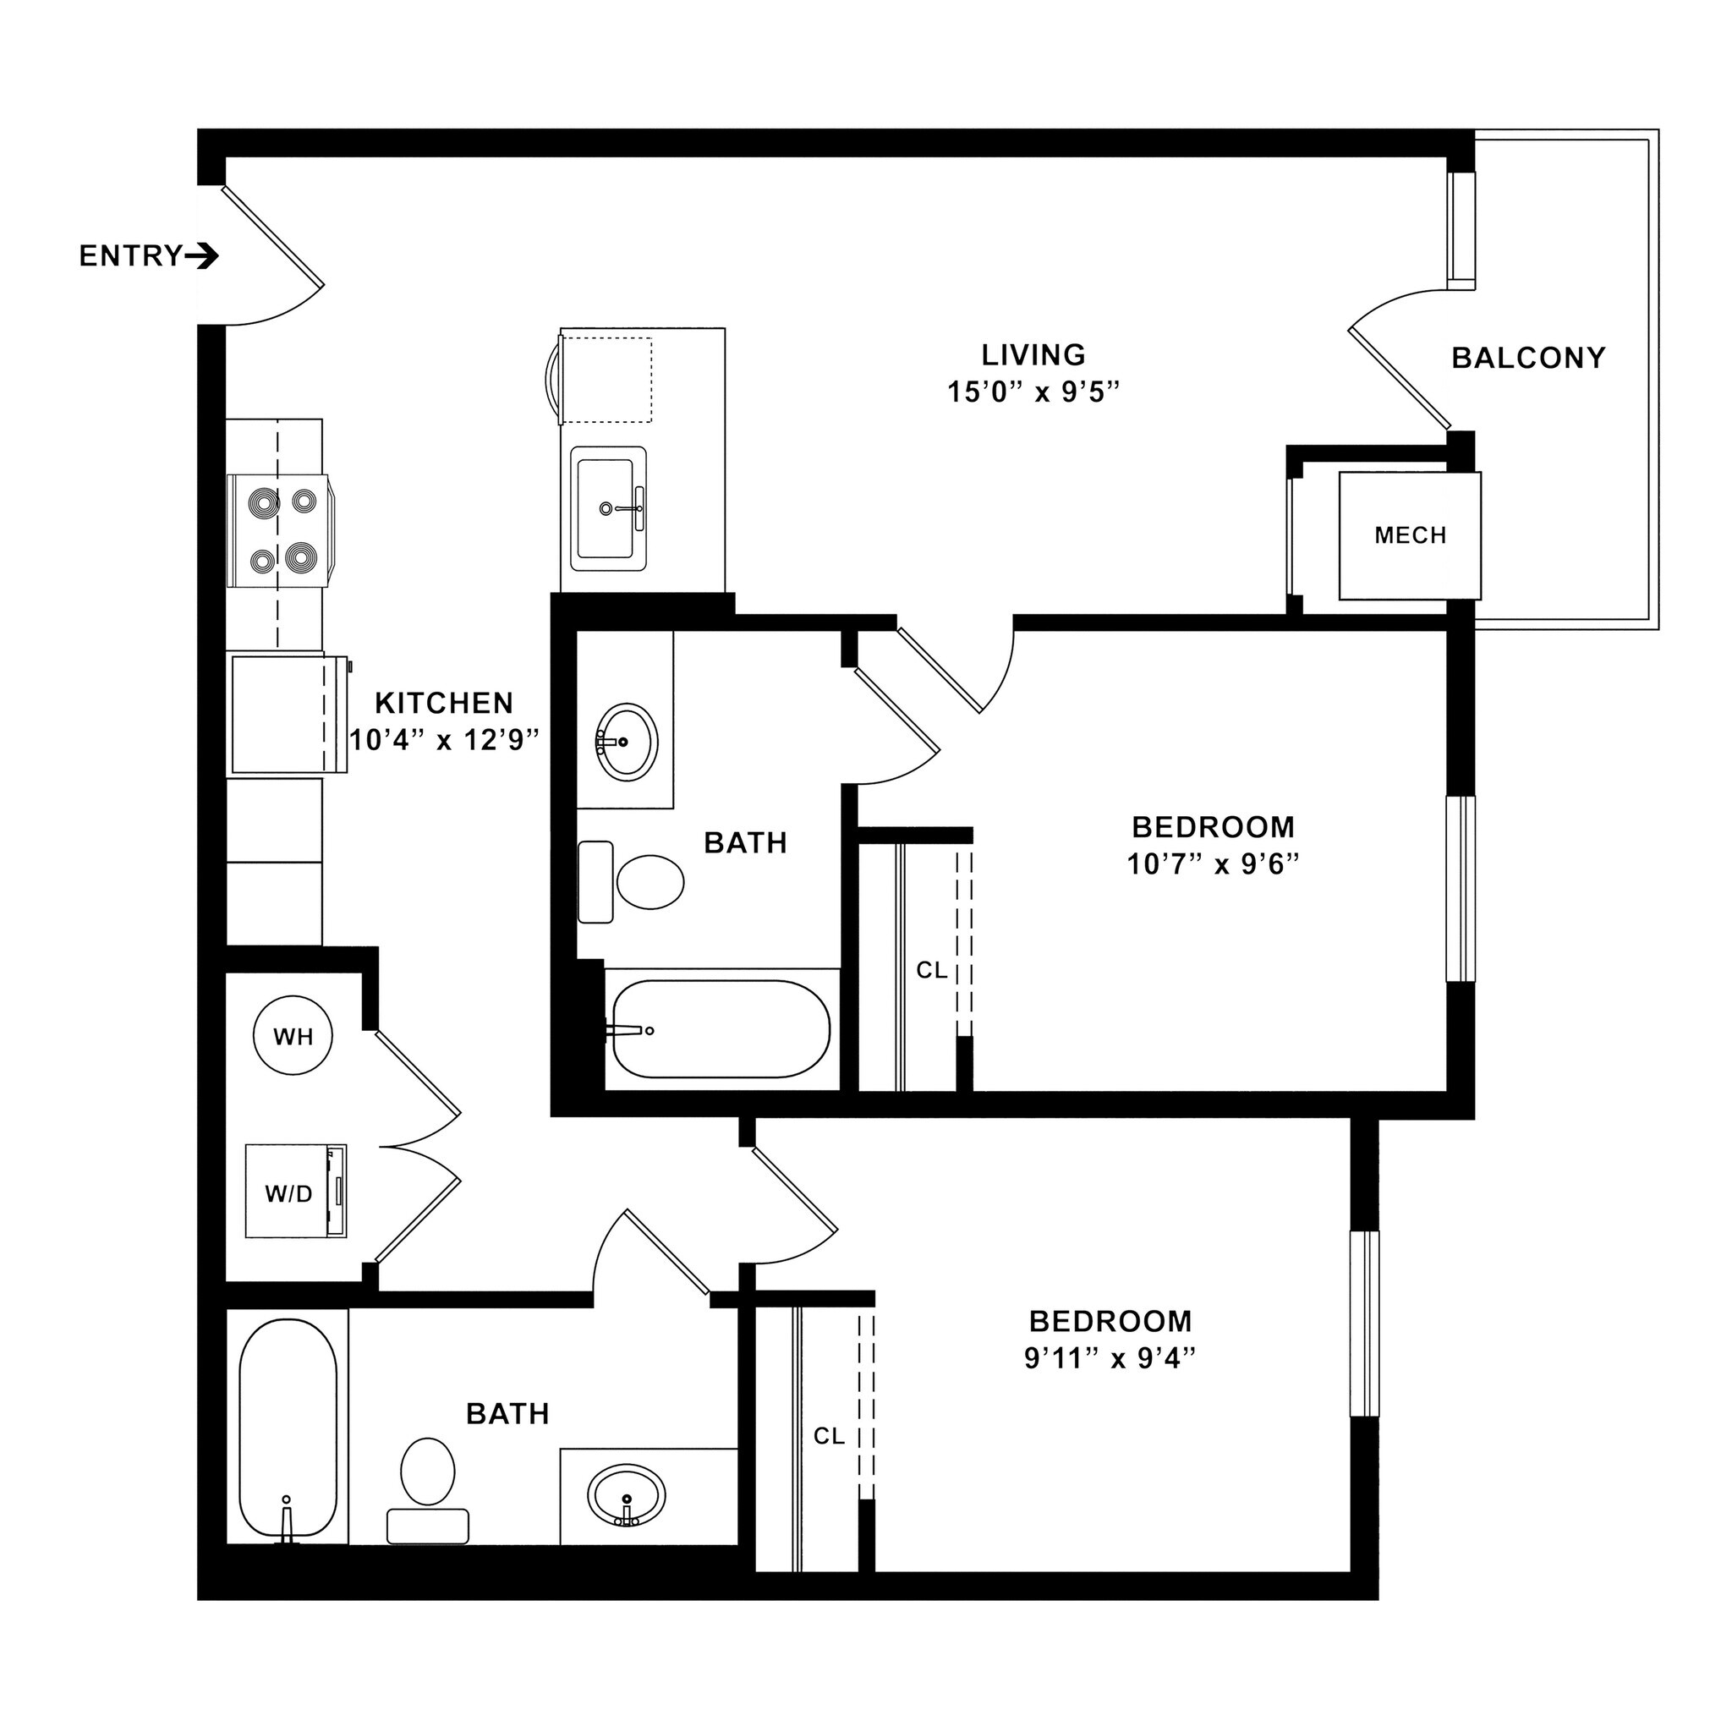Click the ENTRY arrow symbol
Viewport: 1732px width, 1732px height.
202,257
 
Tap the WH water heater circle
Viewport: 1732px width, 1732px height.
293,1036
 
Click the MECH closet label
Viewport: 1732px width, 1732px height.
1410,536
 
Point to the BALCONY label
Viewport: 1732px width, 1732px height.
1528,359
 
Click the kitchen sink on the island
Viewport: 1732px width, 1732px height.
609,508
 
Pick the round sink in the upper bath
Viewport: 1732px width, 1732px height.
628,743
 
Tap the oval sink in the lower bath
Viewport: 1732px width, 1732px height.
627,1495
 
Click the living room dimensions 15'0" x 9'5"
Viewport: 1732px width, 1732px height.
1033,392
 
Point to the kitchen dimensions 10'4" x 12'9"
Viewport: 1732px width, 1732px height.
445,741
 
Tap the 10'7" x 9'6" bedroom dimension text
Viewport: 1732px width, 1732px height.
1213,864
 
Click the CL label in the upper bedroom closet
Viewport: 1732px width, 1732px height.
931,970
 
